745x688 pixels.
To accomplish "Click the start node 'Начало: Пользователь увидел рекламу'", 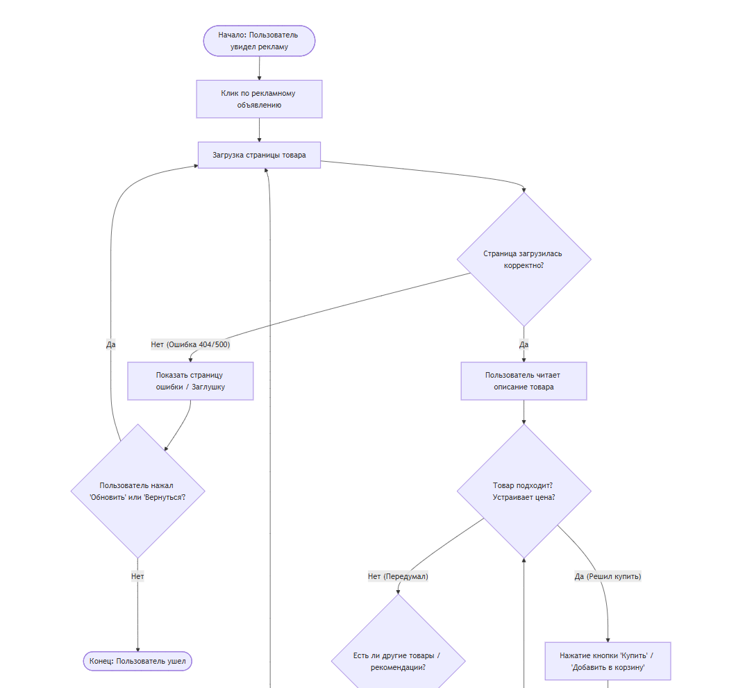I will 259,41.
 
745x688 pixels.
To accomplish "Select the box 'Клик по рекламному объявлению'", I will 259,99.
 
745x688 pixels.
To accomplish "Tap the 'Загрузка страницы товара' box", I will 259,155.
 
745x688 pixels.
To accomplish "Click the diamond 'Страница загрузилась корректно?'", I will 524,259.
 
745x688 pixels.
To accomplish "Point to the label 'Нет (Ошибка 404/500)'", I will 190,344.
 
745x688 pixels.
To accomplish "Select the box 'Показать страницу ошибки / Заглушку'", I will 190,381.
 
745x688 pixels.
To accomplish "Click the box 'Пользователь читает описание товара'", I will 524,381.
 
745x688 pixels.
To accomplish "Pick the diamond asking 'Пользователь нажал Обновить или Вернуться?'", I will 137,492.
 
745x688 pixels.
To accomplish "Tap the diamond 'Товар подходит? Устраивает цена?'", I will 524,492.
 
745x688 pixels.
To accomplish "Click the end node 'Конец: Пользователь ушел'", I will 137,662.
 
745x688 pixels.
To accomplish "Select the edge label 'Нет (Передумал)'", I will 398,576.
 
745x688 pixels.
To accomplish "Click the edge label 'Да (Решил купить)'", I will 608,576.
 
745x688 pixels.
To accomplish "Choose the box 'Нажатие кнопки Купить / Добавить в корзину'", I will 608,661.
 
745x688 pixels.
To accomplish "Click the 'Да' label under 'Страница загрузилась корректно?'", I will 524,344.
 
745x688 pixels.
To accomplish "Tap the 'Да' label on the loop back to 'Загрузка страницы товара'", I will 111,344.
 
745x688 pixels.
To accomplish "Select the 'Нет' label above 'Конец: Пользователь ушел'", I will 137,576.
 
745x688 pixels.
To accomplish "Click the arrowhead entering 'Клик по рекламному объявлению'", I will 259,77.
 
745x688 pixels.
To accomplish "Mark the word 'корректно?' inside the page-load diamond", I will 524,265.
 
